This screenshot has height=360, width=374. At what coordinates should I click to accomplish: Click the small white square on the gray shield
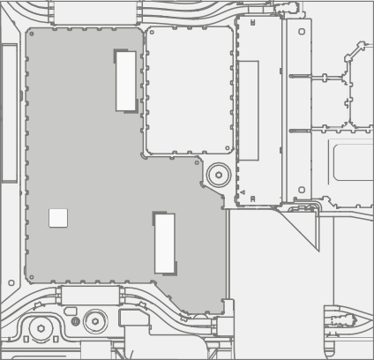[58, 218]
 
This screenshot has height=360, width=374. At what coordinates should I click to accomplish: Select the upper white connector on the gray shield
[126, 81]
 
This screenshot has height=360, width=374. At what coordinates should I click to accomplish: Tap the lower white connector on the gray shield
[165, 244]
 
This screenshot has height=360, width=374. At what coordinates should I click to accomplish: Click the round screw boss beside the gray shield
[218, 175]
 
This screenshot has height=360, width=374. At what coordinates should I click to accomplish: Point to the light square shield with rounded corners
[189, 90]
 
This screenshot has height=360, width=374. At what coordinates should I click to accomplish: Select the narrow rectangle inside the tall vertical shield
[249, 110]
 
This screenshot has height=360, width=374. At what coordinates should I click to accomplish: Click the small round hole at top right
[302, 32]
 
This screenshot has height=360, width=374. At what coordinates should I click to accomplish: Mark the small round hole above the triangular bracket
[302, 190]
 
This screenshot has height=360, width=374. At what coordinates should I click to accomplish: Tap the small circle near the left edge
[11, 283]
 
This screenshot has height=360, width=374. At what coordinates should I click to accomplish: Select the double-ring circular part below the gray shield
[95, 321]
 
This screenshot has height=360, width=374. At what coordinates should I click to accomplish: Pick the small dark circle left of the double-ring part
[75, 322]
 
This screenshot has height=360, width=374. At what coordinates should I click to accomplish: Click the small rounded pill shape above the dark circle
[71, 311]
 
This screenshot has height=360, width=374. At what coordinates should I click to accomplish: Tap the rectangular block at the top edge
[95, 12]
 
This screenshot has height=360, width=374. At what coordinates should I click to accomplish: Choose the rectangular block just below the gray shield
[90, 295]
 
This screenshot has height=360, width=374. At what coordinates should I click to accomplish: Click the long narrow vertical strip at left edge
[9, 113]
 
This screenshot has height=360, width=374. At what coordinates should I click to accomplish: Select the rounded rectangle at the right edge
[353, 161]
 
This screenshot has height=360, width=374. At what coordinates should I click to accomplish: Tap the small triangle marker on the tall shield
[243, 191]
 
